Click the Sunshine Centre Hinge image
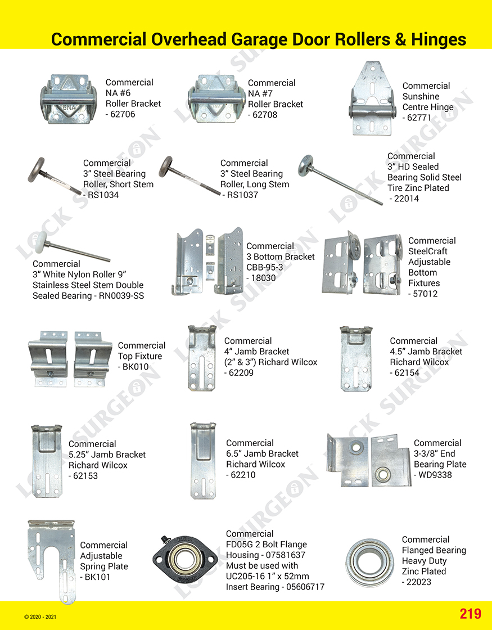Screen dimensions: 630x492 click(x=371, y=101)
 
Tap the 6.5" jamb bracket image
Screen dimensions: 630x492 click(x=200, y=460)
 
